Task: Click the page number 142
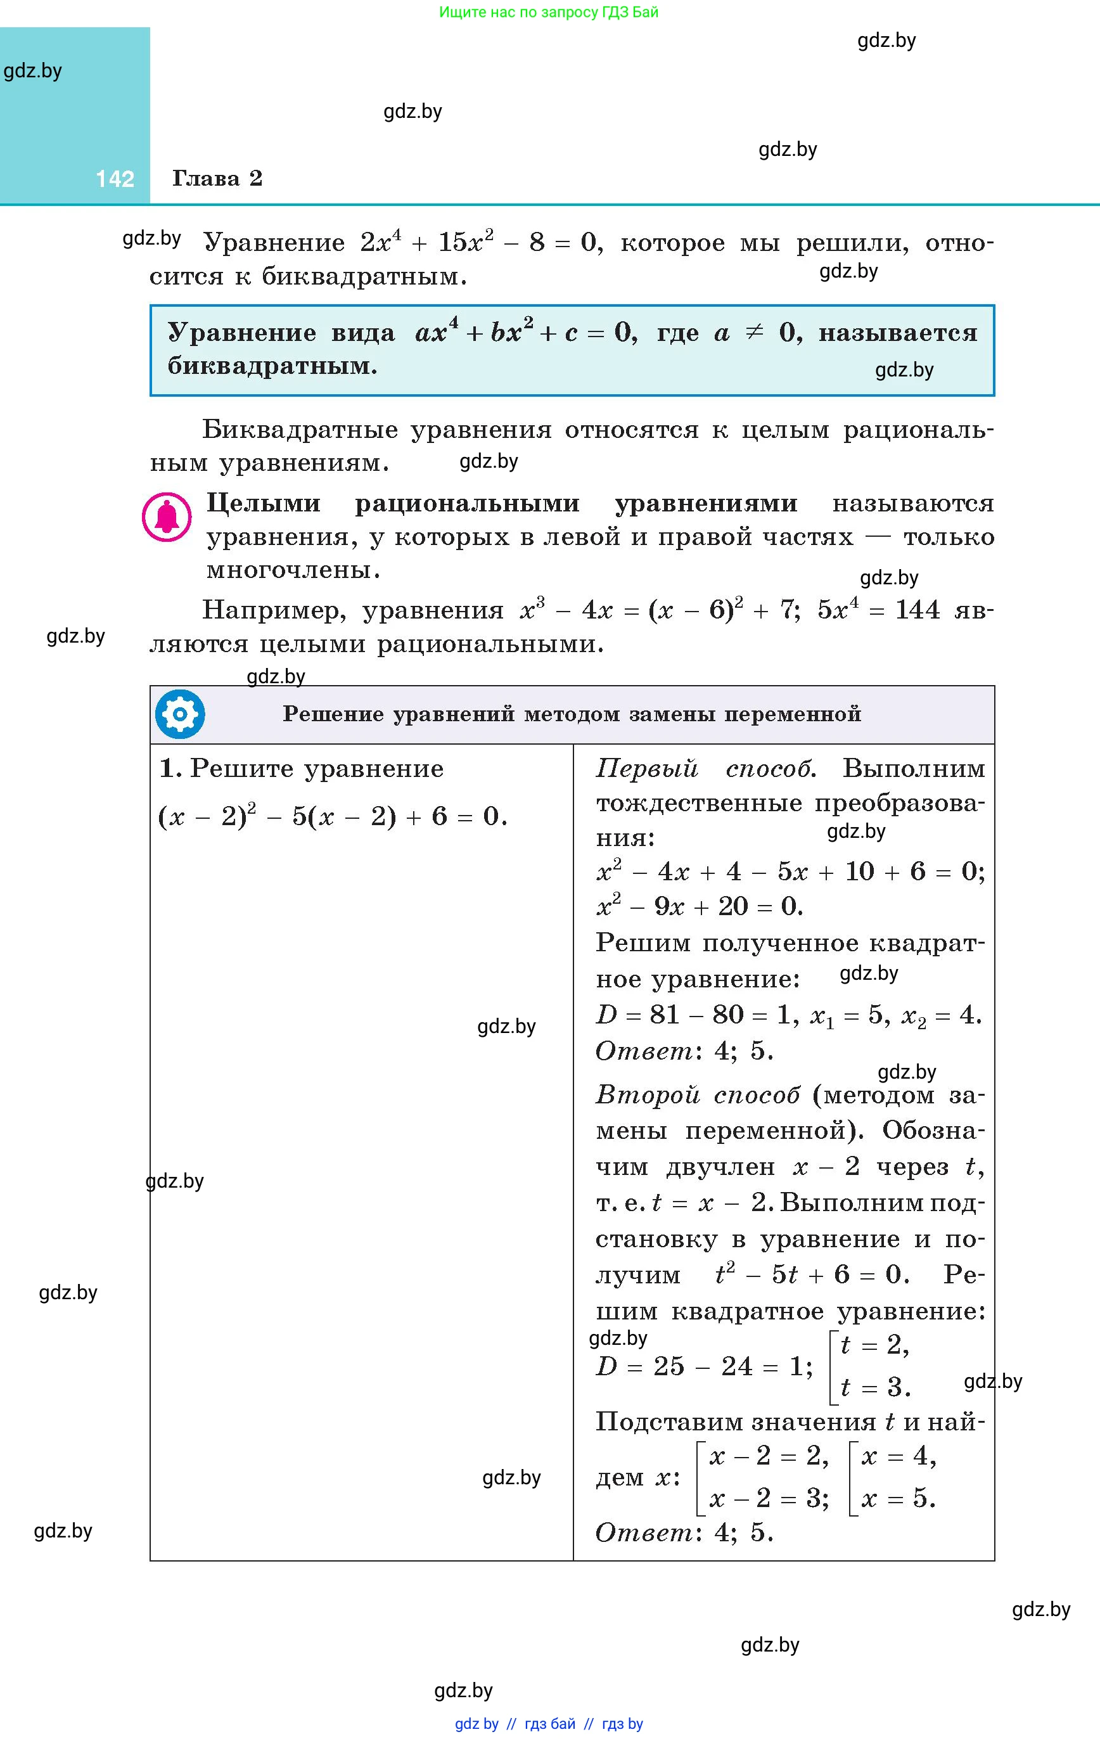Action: click(115, 178)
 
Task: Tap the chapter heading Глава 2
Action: click(217, 178)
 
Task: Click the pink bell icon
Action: click(167, 517)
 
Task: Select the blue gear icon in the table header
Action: click(180, 714)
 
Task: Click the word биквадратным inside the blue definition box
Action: click(272, 366)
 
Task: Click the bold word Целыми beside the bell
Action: click(263, 503)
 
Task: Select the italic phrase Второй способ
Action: click(698, 1096)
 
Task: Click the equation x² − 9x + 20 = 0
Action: click(699, 906)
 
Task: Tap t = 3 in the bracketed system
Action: click(874, 1387)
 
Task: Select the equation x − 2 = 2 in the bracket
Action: click(768, 1456)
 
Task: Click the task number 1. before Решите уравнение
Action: click(170, 768)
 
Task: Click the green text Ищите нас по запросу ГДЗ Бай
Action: click(548, 12)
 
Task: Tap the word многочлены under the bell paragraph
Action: click(293, 570)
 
